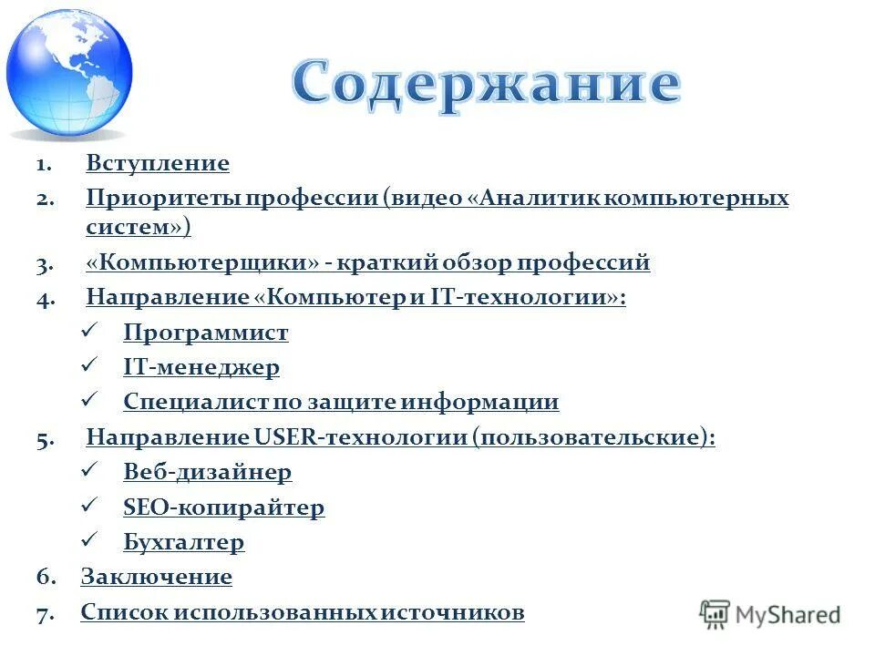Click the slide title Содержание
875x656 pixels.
(x=486, y=85)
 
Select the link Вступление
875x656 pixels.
(x=158, y=164)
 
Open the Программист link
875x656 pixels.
(x=206, y=333)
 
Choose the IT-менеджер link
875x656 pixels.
(x=201, y=368)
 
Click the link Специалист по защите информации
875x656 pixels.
(x=341, y=403)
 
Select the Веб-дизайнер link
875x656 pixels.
(x=208, y=473)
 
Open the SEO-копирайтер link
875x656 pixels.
(x=223, y=507)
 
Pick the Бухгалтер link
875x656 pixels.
(x=184, y=543)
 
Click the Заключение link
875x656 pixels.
(x=157, y=577)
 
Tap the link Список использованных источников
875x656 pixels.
(x=303, y=612)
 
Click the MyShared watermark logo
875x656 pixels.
(x=770, y=614)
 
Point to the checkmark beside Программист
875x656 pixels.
(x=89, y=332)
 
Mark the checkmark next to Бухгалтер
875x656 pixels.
(x=89, y=541)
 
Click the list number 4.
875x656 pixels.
(x=46, y=298)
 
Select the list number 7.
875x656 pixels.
(x=46, y=613)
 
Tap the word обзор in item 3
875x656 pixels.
(x=479, y=263)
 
